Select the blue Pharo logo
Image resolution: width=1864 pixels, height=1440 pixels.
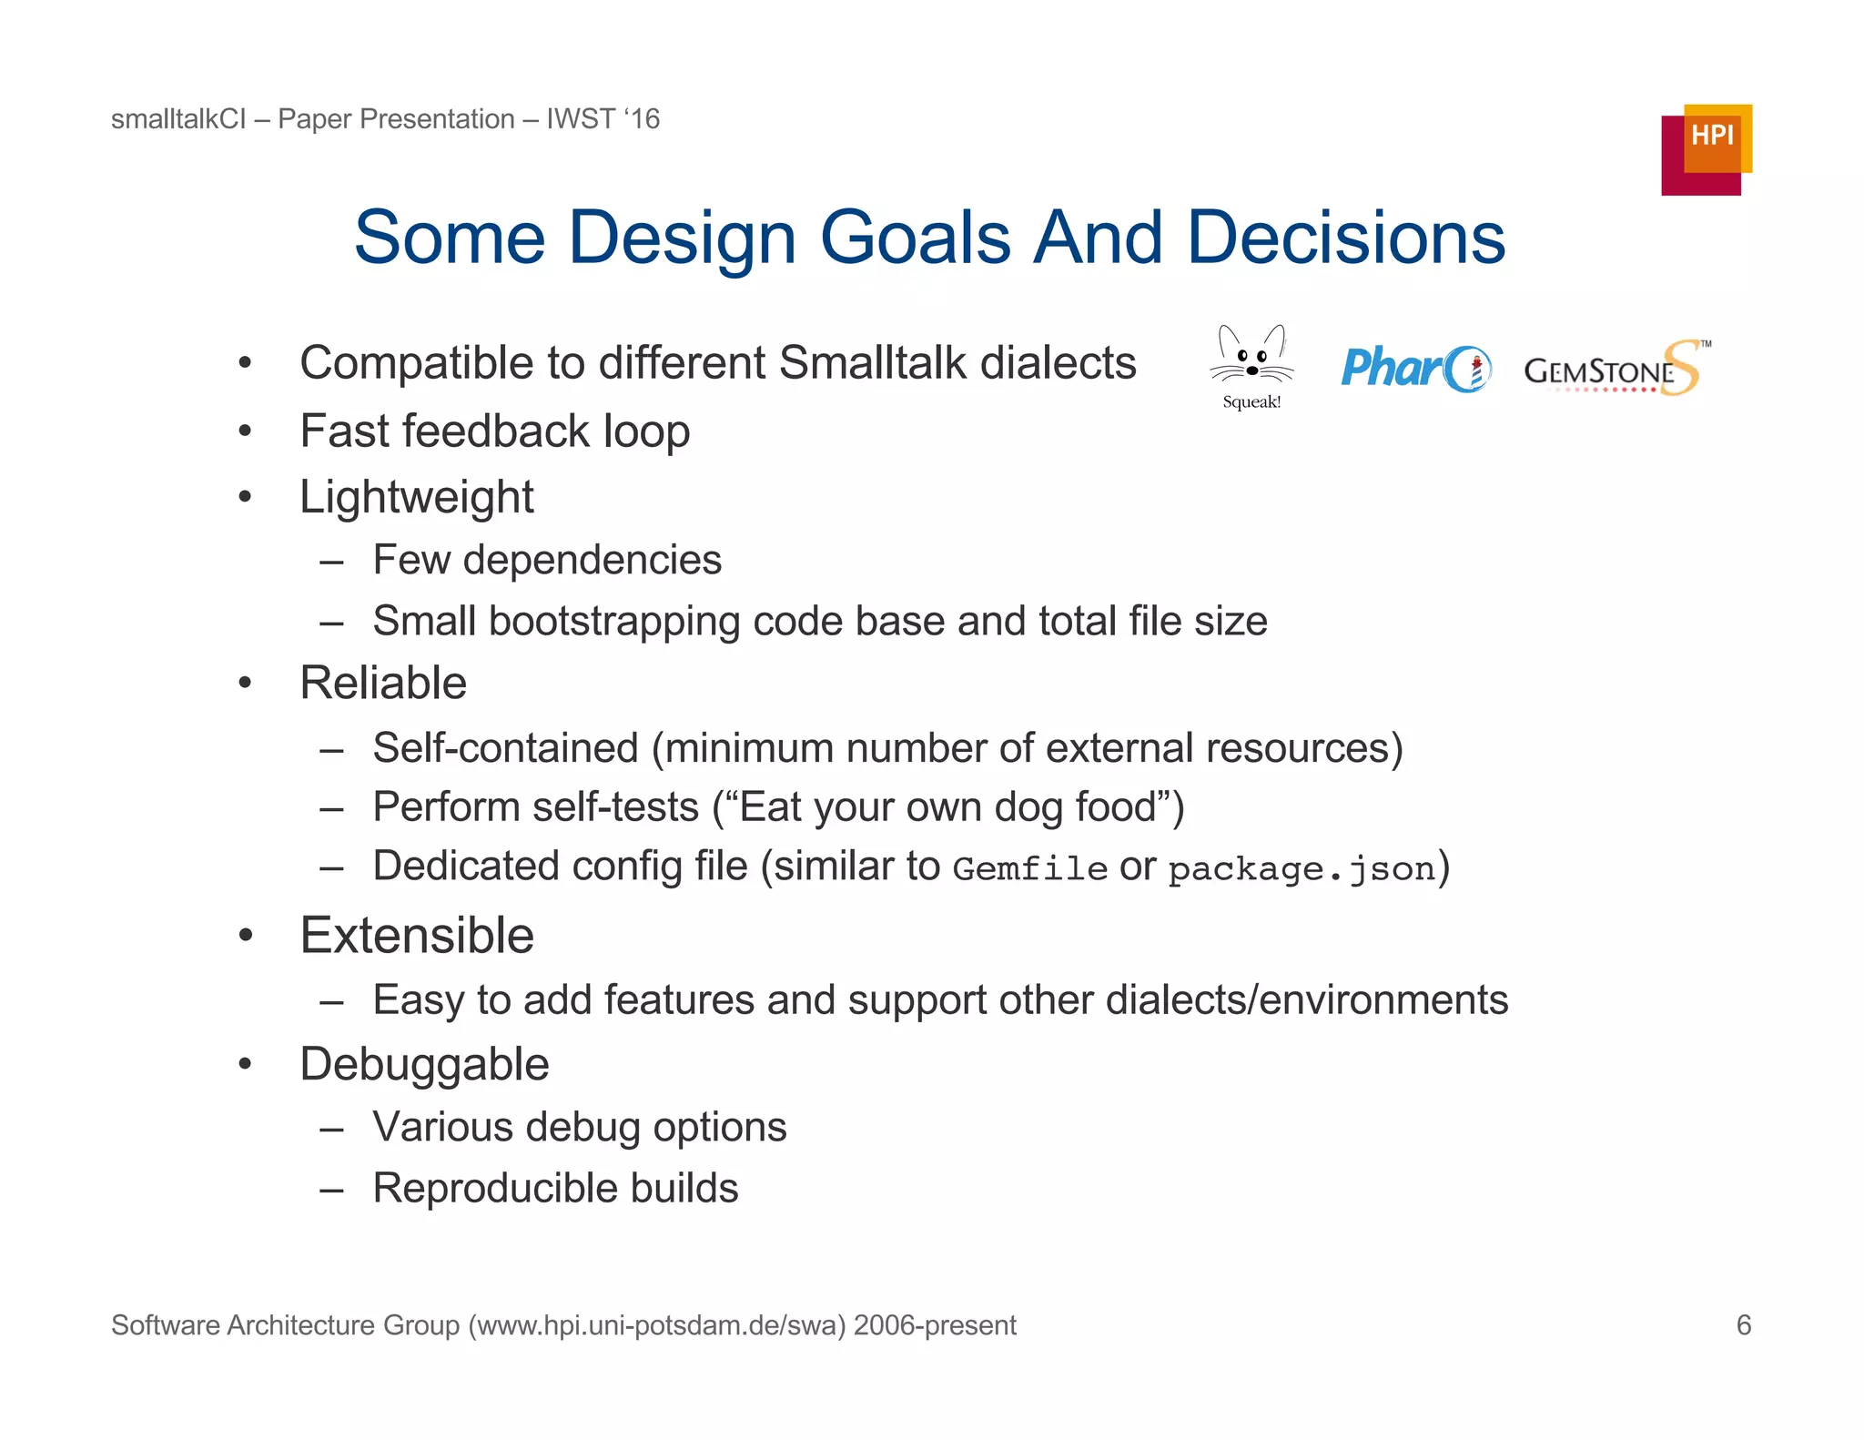click(1415, 369)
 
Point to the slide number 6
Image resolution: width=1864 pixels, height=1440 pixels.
click(1743, 1324)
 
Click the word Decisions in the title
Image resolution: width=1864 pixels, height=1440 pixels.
click(1346, 238)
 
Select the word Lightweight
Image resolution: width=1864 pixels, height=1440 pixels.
click(417, 498)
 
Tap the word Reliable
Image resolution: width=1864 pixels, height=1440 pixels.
click(383, 683)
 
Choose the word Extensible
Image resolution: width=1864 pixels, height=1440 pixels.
click(417, 936)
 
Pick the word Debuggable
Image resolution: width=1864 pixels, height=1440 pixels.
click(424, 1064)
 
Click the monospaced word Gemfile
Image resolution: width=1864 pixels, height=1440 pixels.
click(1029, 869)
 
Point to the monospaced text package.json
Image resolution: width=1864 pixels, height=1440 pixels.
click(1302, 869)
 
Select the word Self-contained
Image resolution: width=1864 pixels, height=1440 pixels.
click(505, 748)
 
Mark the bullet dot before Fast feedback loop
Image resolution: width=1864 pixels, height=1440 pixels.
click(245, 431)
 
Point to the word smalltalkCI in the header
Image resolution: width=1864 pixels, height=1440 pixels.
click(178, 119)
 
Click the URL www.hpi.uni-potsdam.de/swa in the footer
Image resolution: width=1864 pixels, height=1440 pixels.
click(655, 1325)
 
